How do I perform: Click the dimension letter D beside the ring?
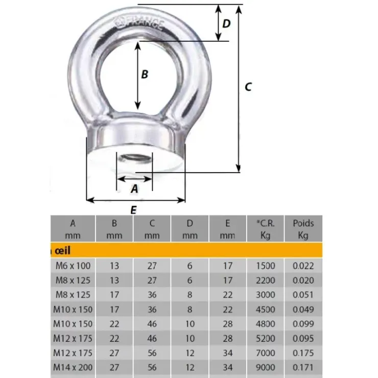226,23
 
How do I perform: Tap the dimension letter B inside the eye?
145,74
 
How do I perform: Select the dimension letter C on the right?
248,87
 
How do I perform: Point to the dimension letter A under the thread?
134,189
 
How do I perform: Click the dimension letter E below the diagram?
133,210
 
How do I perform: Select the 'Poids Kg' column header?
303,229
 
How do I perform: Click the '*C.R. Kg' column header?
265,229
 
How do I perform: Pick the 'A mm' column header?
73,229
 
